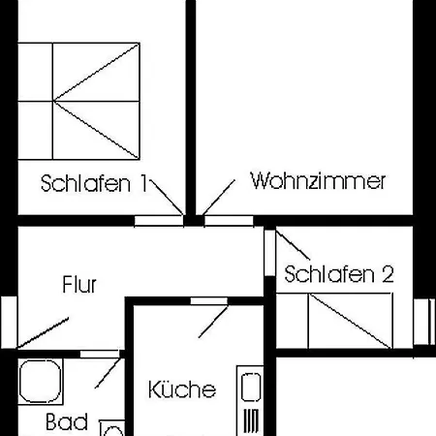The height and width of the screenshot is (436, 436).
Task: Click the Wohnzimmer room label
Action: [318, 181]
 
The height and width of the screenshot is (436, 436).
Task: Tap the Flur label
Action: [79, 285]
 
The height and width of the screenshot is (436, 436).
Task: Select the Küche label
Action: [182, 389]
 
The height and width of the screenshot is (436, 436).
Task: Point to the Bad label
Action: [67, 421]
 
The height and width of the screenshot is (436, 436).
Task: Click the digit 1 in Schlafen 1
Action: [143, 183]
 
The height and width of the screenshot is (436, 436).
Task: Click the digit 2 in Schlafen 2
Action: [388, 274]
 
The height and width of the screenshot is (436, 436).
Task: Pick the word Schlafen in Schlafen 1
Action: [85, 183]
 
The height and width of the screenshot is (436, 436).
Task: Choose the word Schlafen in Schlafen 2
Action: [329, 274]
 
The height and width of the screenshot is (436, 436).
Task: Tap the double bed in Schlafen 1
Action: [78, 101]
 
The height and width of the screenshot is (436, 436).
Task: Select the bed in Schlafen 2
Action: [334, 321]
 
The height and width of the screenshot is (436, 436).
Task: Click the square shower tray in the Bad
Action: [41, 382]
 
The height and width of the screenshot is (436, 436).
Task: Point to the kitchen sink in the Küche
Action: [251, 387]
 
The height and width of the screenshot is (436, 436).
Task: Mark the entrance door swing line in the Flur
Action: [43, 333]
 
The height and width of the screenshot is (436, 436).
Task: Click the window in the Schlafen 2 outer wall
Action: [424, 322]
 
